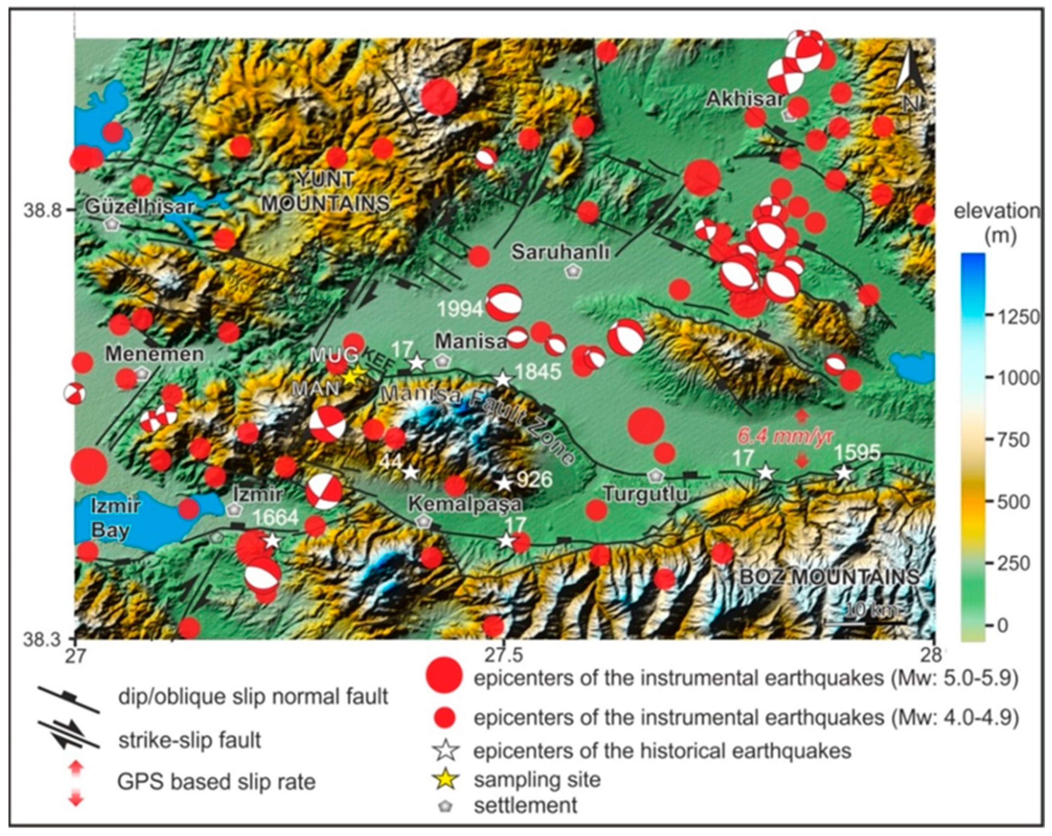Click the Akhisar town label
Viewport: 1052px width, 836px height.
coord(744,100)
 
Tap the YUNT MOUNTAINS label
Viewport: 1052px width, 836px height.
coord(326,191)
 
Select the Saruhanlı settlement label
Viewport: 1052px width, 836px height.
coord(560,252)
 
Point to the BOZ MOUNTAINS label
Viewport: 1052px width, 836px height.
coord(830,577)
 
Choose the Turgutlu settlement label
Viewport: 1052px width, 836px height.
coord(645,494)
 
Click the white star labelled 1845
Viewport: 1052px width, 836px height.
coord(503,379)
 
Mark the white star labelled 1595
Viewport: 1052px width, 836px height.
coord(843,472)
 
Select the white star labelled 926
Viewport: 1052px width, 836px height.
coord(504,483)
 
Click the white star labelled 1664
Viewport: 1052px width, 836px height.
coord(272,540)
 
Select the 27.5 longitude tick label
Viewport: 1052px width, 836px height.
coord(505,655)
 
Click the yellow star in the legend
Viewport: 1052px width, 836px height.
coord(447,779)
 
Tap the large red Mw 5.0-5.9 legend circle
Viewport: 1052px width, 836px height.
coord(444,676)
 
